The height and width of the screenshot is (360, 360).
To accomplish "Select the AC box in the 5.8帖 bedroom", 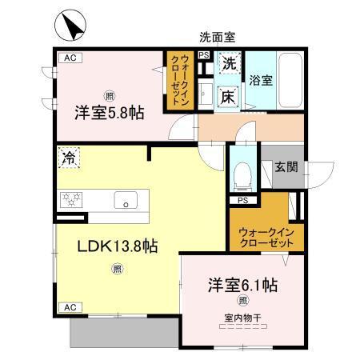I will pyautogui.click(x=69, y=58).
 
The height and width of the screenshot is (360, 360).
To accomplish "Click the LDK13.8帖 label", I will pyautogui.click(x=117, y=246).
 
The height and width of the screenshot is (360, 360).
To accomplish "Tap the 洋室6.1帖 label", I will pyautogui.click(x=244, y=285).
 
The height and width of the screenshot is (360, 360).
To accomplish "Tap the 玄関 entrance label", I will pyautogui.click(x=286, y=167).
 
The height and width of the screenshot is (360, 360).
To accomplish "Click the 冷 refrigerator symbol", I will pyautogui.click(x=70, y=159).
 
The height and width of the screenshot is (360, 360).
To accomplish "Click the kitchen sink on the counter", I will pyautogui.click(x=126, y=199).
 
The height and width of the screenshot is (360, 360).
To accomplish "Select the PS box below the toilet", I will pyautogui.click(x=242, y=200).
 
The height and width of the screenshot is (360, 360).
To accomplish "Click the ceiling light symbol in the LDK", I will pyautogui.click(x=117, y=269).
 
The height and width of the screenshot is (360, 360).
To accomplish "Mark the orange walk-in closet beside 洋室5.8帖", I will pyautogui.click(x=178, y=80).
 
